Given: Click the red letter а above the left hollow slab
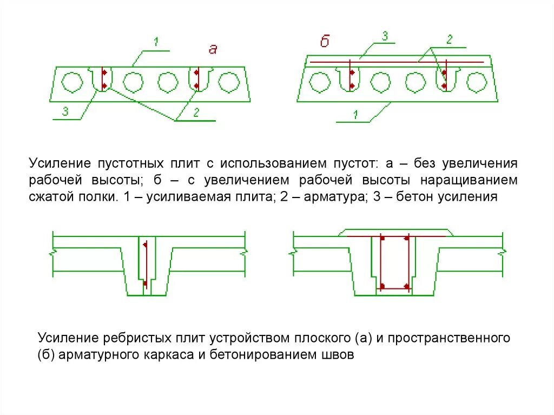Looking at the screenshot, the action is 213,49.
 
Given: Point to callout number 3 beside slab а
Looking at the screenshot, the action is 65,111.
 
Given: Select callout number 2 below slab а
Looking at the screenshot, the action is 196,113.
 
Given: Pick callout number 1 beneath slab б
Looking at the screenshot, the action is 355,114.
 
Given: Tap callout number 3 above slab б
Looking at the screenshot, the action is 385,37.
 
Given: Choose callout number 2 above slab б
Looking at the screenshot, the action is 449,38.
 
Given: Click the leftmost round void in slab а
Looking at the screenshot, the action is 71,83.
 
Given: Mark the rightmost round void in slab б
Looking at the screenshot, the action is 476,82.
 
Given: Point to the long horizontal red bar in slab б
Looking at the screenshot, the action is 395,62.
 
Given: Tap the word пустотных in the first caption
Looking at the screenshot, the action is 126,163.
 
